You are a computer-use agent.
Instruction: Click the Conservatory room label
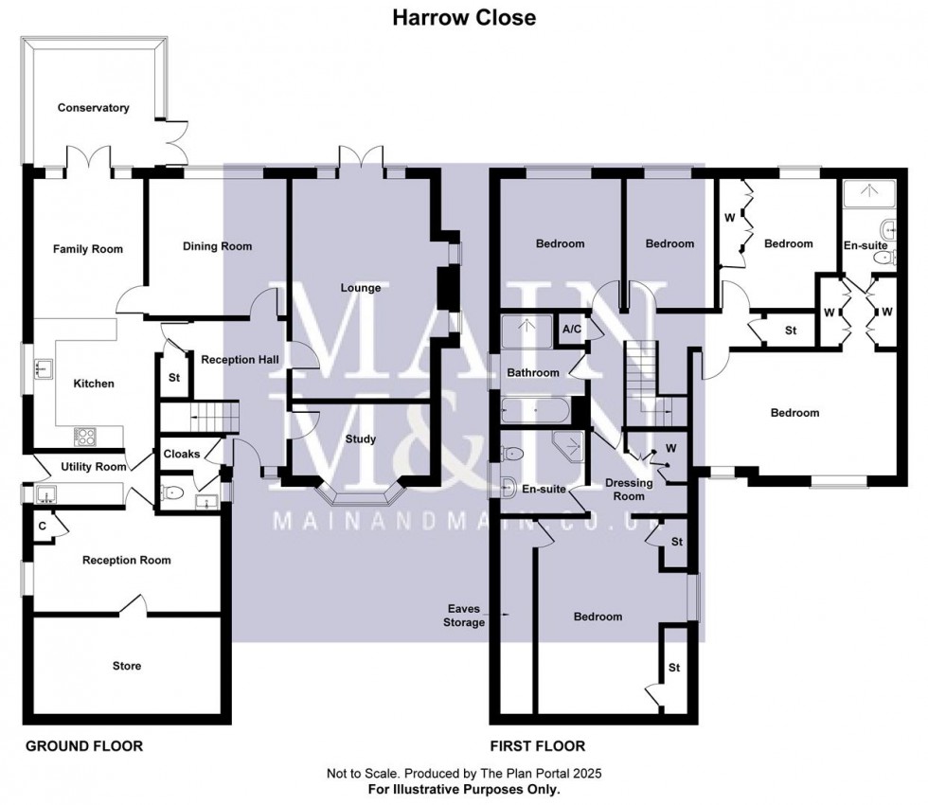93,108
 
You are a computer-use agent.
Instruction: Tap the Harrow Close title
464,18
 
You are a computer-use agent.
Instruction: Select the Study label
361,438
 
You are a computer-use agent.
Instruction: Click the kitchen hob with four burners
84,437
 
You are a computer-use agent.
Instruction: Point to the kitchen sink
44,368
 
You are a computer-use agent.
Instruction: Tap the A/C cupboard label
572,330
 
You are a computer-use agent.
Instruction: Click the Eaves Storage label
464,616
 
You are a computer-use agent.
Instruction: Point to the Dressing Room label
629,490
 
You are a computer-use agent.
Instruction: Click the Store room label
127,666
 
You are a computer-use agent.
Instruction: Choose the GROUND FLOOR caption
84,746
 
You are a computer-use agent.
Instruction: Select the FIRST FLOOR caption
538,746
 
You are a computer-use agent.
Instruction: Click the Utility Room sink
45,493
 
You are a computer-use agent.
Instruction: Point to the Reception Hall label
240,359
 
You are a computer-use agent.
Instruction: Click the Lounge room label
361,288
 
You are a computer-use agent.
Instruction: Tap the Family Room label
87,249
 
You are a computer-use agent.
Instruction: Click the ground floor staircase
200,417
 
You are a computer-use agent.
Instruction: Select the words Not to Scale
364,773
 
